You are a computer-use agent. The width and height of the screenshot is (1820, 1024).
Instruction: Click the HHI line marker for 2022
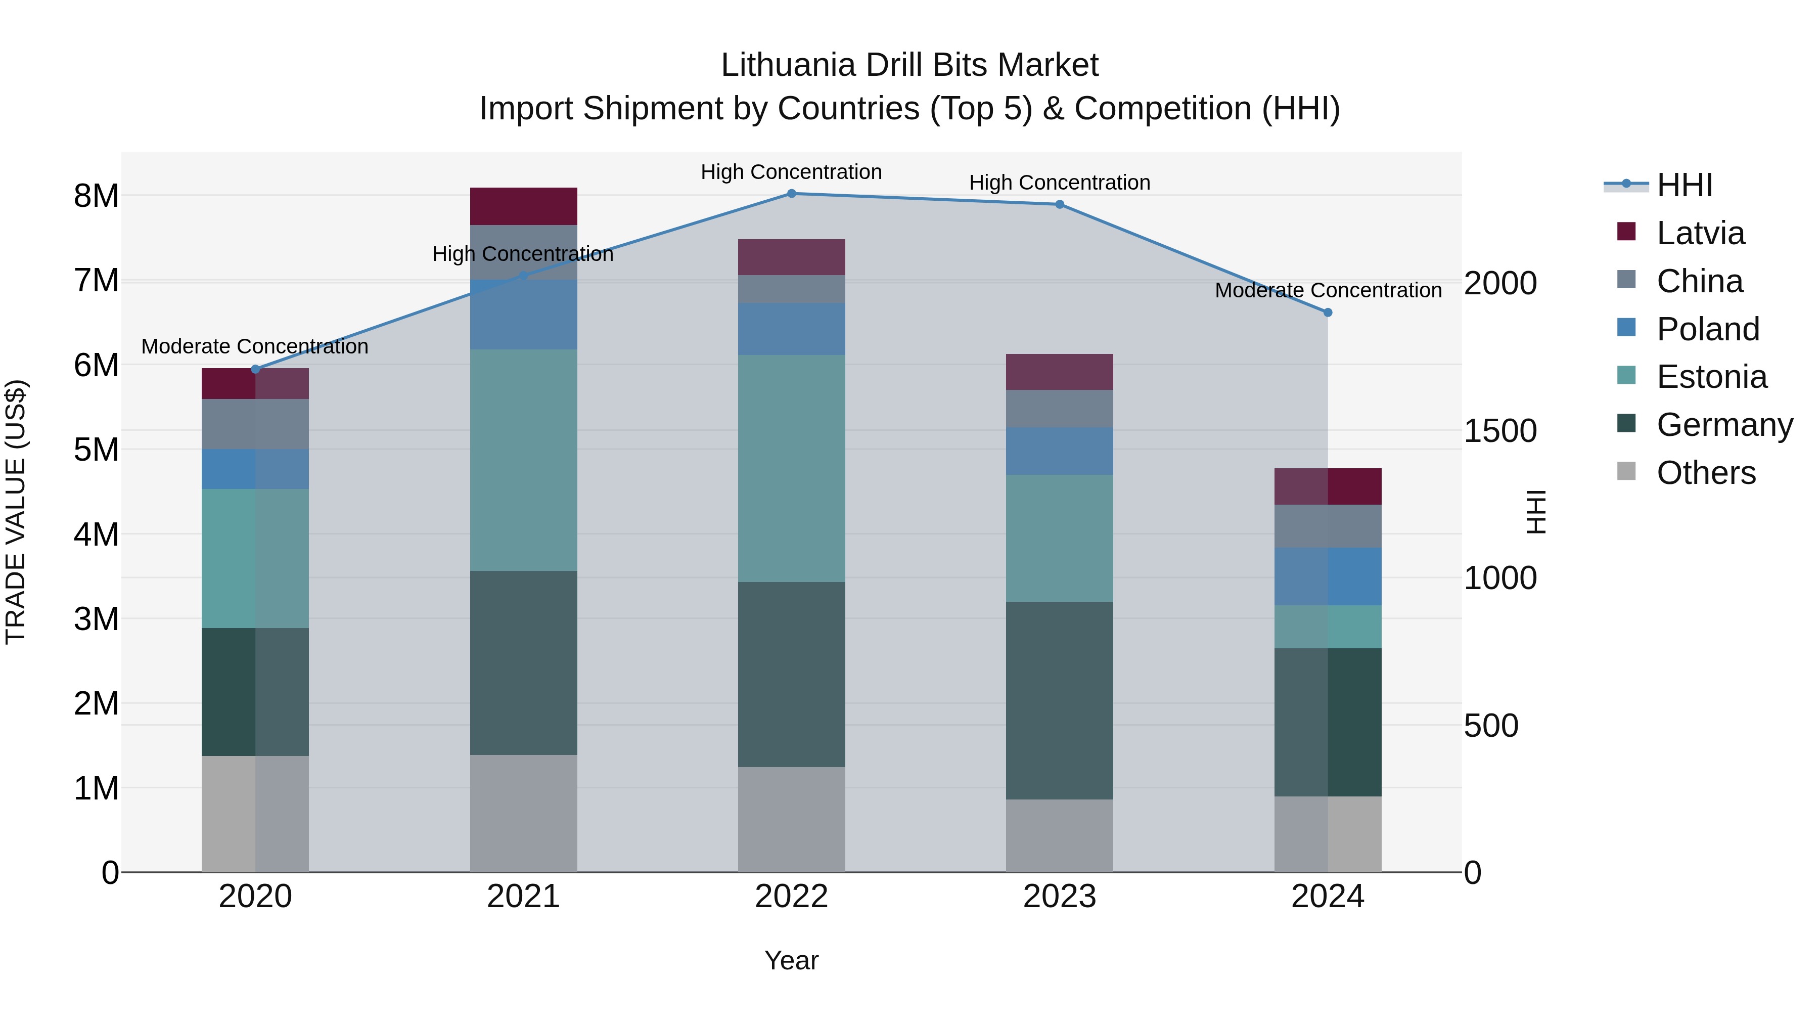coord(791,194)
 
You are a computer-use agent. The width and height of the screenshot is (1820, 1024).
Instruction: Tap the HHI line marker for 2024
coord(1328,313)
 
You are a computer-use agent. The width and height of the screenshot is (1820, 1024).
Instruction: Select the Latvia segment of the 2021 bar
coord(524,206)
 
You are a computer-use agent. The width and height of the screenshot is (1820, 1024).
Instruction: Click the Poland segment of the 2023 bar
coord(1059,451)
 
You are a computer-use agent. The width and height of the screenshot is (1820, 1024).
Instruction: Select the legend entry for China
coord(1699,281)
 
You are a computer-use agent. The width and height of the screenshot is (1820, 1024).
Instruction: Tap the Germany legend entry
coord(1724,425)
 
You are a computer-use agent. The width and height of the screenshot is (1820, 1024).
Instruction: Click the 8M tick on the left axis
coord(96,196)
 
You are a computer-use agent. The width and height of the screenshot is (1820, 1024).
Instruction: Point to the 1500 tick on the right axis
coord(1499,431)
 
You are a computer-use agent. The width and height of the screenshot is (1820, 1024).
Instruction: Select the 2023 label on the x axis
coord(1059,897)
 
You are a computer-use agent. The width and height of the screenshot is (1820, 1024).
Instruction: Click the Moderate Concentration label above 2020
coord(254,346)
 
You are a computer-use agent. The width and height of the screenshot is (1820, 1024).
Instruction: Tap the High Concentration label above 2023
coord(1059,183)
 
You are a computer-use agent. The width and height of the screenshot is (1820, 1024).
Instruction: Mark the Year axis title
coord(791,960)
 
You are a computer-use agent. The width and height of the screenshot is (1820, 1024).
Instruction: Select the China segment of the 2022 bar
coord(791,289)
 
